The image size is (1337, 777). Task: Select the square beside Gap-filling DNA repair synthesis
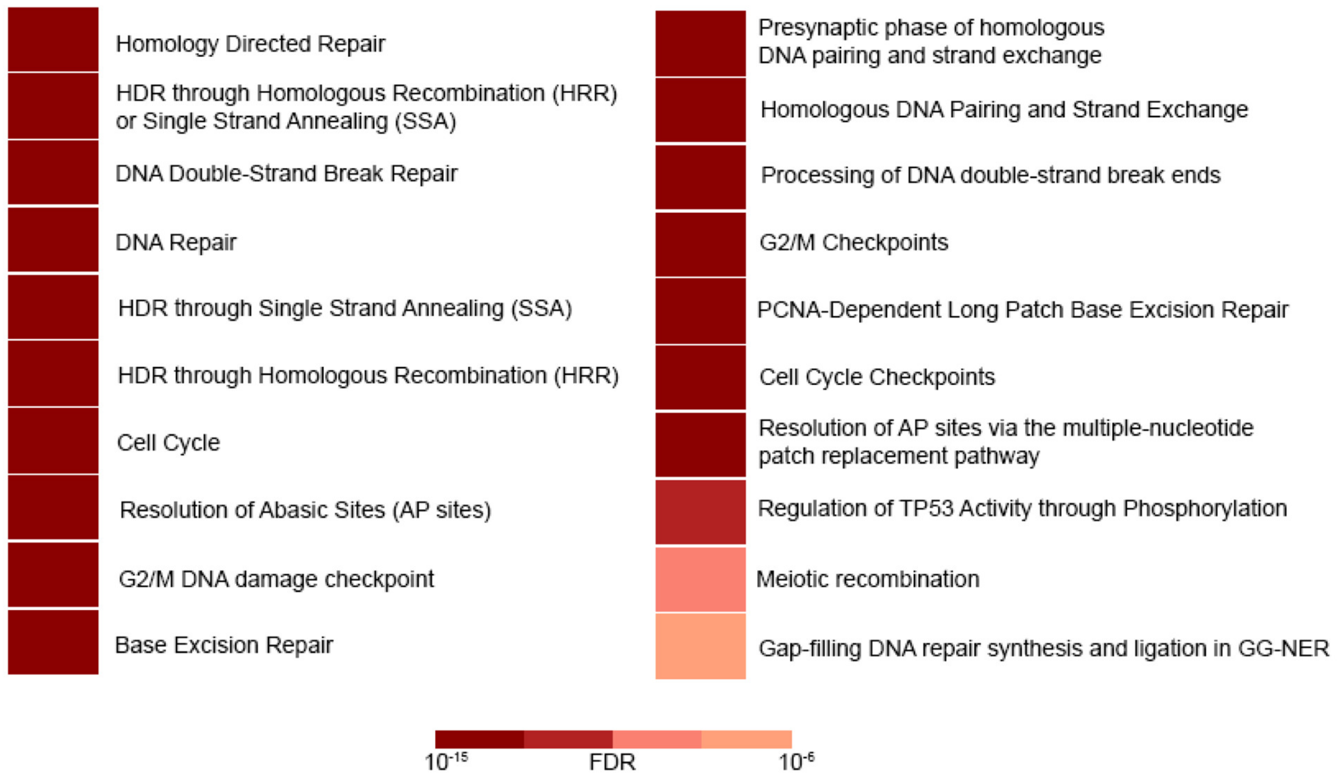[700, 646]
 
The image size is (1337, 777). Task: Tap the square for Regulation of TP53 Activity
[700, 512]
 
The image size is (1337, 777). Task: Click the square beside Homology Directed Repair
[53, 39]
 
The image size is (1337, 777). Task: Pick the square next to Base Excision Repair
[53, 642]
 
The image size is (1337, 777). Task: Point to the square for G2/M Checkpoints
[700, 244]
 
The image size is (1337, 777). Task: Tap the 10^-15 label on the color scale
[446, 762]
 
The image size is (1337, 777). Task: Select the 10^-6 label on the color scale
[796, 762]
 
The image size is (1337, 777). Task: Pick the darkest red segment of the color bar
[479, 739]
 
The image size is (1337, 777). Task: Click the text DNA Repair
[176, 242]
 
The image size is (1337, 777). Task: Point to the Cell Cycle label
[168, 443]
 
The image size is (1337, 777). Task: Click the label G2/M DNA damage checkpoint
[276, 579]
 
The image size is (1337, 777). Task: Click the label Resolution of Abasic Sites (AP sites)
[305, 510]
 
